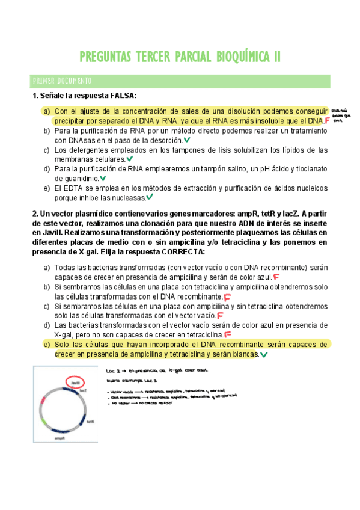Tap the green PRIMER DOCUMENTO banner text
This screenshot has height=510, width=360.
(62, 80)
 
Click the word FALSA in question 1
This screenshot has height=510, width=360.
(122, 96)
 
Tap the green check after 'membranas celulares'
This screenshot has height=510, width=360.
(130, 159)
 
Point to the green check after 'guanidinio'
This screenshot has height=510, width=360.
(103, 178)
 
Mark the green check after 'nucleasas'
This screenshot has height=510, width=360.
(150, 197)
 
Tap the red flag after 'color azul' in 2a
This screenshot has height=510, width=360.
(276, 277)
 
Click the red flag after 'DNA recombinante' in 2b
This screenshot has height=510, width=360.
(227, 296)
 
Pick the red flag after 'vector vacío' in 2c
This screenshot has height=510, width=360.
(220, 315)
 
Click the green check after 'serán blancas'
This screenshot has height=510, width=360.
(264, 355)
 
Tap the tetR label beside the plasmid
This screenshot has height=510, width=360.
(91, 422)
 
